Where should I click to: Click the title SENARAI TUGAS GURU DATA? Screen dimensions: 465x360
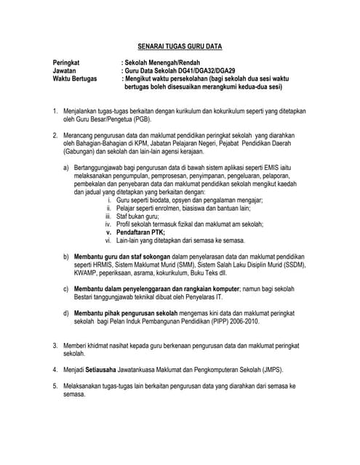180,46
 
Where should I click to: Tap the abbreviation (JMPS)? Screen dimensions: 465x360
276,369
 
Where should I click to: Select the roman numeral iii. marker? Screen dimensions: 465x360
109,216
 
